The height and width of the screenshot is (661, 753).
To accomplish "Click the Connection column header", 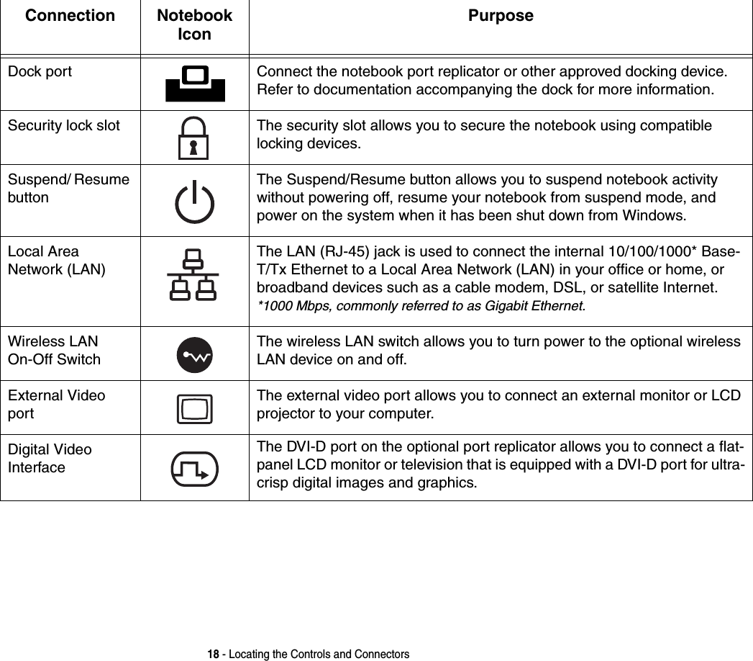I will click(x=70, y=16).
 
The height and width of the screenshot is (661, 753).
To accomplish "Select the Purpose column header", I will click(x=501, y=16).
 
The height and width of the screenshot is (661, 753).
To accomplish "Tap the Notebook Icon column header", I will click(x=194, y=24).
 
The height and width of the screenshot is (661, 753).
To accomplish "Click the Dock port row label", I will click(x=40, y=72).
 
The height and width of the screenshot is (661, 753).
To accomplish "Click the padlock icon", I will click(x=193, y=138).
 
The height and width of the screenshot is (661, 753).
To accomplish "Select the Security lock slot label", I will click(x=64, y=126).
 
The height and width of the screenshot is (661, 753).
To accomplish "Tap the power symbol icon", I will click(x=194, y=202).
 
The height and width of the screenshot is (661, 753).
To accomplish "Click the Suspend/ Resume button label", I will click(x=69, y=188).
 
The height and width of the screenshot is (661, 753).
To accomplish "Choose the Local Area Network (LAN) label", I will click(x=56, y=261).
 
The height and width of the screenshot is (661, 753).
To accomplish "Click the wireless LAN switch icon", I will click(x=194, y=355).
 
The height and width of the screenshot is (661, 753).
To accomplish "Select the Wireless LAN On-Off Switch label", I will click(x=55, y=350).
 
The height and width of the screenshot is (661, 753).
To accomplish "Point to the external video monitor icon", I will click(x=194, y=409).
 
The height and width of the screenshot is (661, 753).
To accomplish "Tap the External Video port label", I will click(x=56, y=405).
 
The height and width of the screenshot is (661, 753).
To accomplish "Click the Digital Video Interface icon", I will click(x=195, y=469).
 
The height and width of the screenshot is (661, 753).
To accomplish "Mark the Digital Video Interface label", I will click(x=50, y=459).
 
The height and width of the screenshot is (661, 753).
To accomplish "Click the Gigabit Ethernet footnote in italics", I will click(x=421, y=307).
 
